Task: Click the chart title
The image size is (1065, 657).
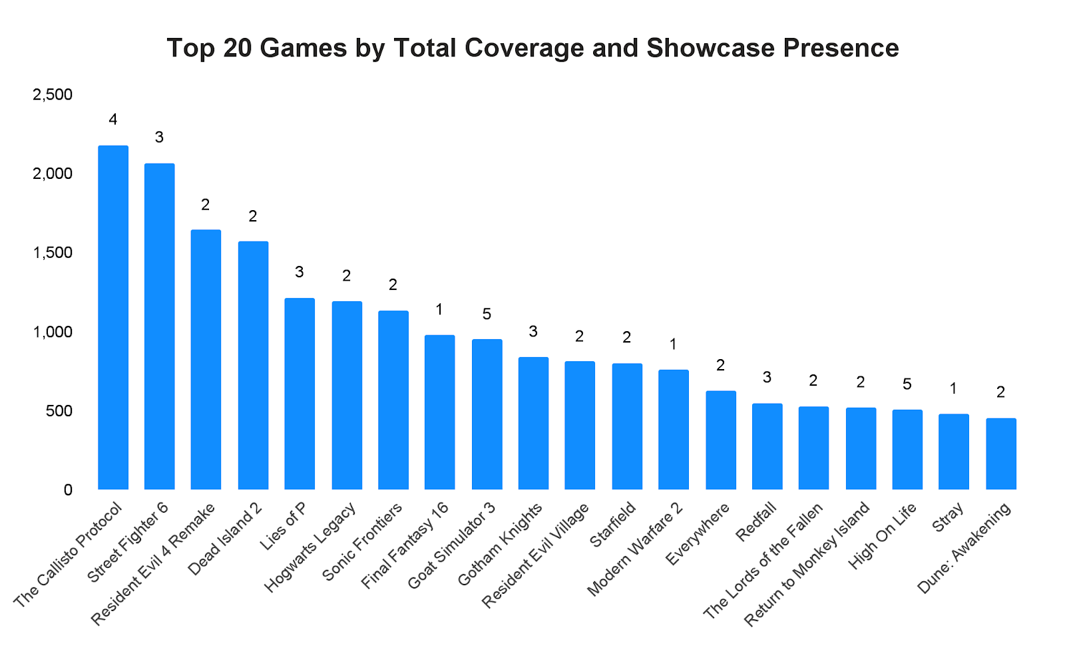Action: point(532,49)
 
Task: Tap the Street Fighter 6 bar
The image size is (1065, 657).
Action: point(160,327)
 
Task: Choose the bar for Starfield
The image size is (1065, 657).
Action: point(627,426)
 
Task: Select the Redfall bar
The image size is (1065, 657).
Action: point(767,446)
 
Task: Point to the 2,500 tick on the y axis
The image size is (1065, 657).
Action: point(53,95)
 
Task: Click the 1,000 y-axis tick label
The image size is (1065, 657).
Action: point(53,332)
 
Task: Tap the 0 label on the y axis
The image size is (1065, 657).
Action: point(68,490)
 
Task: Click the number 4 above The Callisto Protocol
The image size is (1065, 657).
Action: point(113,120)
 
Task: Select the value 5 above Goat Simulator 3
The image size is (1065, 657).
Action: point(487,314)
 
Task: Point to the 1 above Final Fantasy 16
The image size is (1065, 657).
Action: point(440,309)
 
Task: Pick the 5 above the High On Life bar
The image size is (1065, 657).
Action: point(907,384)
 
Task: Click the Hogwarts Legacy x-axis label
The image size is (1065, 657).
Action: point(312,547)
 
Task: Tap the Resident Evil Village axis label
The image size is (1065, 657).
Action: point(536,555)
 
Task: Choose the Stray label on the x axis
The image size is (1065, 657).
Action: point(949,517)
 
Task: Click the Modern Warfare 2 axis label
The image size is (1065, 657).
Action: point(635,549)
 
